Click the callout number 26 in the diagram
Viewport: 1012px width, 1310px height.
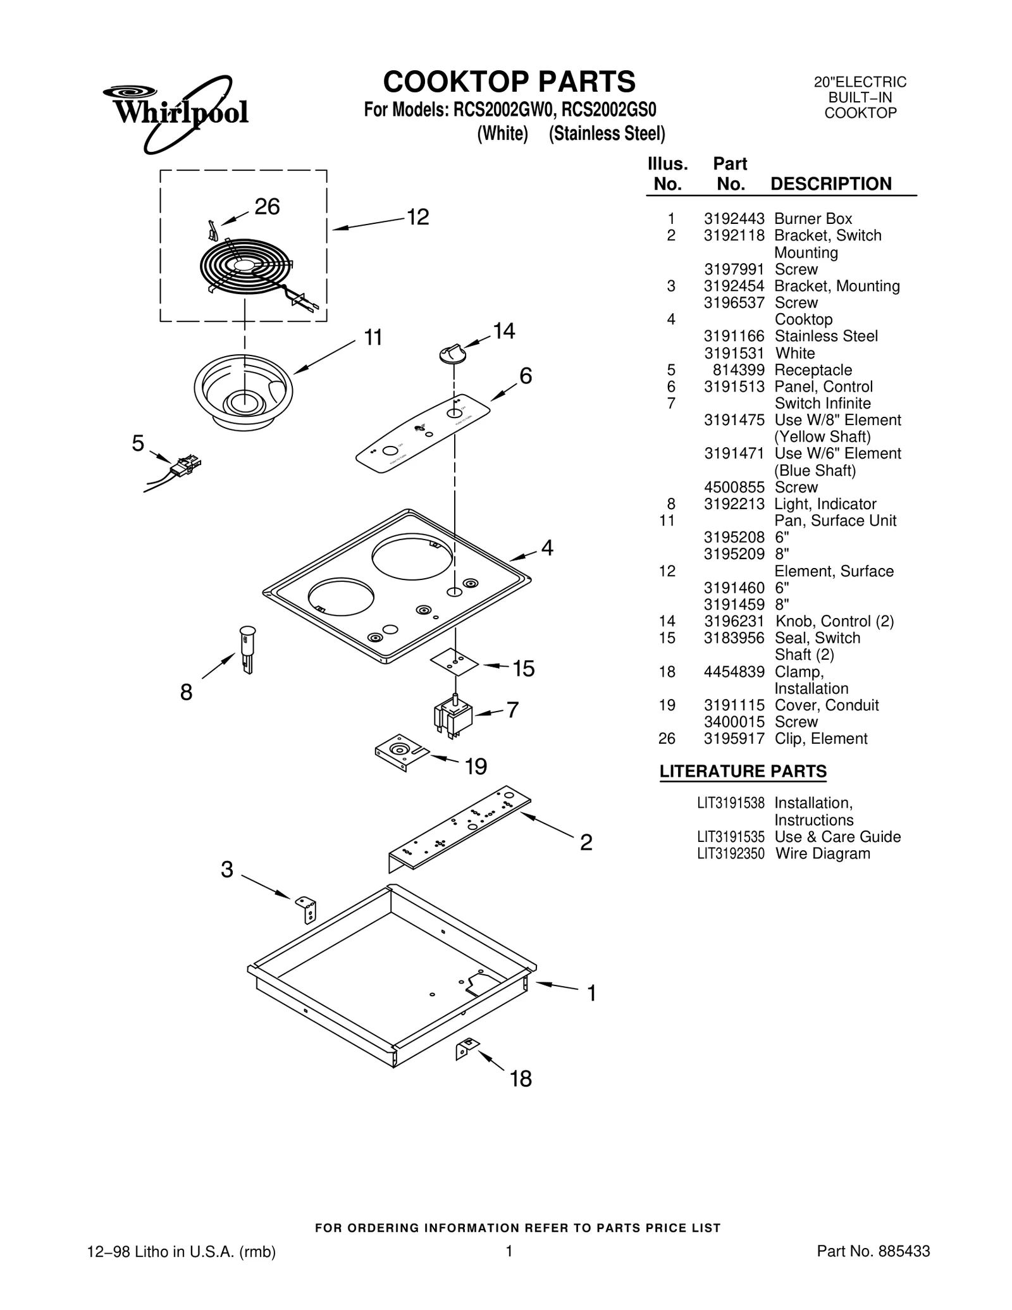(x=266, y=207)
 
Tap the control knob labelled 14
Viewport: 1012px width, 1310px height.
(x=453, y=354)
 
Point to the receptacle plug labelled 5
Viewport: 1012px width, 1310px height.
(x=185, y=466)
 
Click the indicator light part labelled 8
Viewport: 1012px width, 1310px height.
(x=247, y=649)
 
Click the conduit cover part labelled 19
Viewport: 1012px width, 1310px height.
(x=400, y=753)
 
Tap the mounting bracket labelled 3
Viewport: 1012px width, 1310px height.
(x=307, y=910)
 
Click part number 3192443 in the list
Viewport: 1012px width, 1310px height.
(x=734, y=219)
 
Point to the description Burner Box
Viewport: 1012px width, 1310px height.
(x=813, y=219)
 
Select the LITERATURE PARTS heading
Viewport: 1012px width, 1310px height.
(x=743, y=772)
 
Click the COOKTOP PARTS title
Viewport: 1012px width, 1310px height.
(x=509, y=82)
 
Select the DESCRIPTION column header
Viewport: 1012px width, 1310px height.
(x=830, y=184)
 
